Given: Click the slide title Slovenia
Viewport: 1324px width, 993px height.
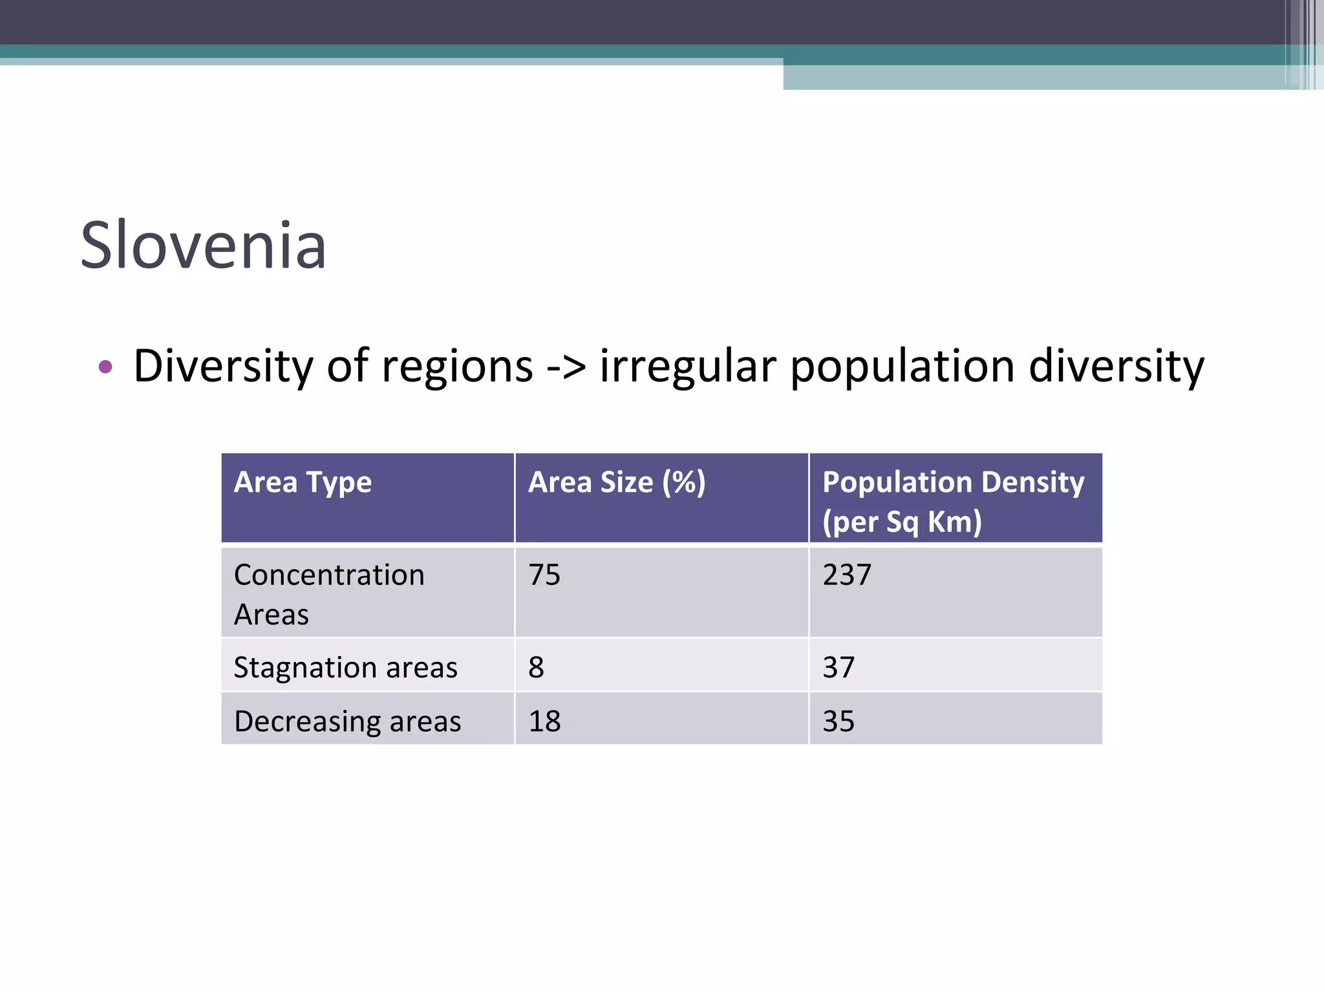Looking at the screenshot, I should [x=203, y=246].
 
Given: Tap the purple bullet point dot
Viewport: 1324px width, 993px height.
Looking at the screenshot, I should [x=105, y=367].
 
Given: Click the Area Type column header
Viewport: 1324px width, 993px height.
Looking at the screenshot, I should [x=303, y=482].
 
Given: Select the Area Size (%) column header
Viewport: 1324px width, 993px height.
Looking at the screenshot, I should [x=616, y=482].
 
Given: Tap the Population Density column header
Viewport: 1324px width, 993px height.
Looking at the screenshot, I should [x=953, y=482].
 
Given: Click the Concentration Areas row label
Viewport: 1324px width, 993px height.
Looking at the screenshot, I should [x=328, y=593].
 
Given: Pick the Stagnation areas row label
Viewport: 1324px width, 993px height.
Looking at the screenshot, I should [x=345, y=667].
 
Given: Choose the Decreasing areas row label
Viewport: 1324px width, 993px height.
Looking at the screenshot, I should [x=347, y=721].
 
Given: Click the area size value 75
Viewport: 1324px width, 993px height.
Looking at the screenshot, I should [x=544, y=575].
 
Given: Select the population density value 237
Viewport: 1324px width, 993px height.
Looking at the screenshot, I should [x=847, y=575].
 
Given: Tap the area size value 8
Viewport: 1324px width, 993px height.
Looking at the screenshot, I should [x=536, y=667].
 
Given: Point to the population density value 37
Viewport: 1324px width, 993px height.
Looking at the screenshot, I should [x=838, y=667].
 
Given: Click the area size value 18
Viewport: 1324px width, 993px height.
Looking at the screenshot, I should [x=544, y=721].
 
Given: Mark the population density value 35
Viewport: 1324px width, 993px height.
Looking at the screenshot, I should [x=838, y=721].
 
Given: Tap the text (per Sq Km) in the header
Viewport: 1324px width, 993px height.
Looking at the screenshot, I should [x=902, y=522].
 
